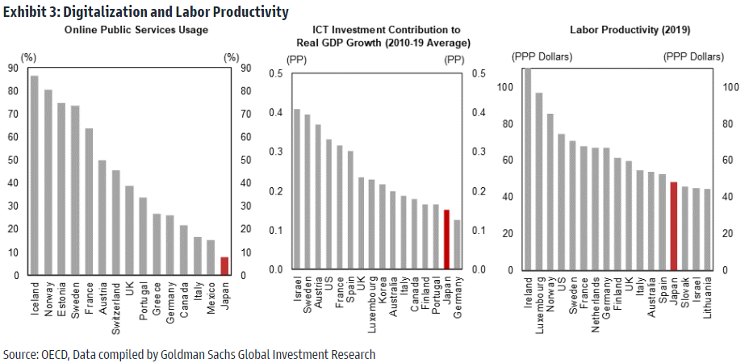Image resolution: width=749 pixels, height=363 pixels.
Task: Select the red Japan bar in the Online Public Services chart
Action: tap(224, 266)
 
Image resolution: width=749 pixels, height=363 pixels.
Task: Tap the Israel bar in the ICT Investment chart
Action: tap(296, 189)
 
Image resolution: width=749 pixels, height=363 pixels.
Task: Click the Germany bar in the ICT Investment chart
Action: tap(457, 244)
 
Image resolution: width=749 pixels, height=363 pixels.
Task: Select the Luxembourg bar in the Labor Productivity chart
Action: tap(539, 181)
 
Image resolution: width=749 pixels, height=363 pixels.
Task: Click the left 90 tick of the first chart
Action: tap(11, 69)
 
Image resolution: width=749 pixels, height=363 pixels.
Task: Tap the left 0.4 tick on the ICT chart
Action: tap(276, 113)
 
